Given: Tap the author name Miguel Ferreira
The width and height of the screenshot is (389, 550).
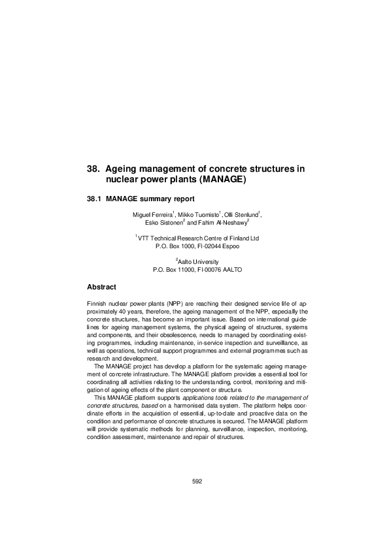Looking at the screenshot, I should [153, 215].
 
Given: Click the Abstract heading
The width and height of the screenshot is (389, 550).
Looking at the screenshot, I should [101, 287].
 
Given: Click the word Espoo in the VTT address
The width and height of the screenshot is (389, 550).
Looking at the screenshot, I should [230, 247].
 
